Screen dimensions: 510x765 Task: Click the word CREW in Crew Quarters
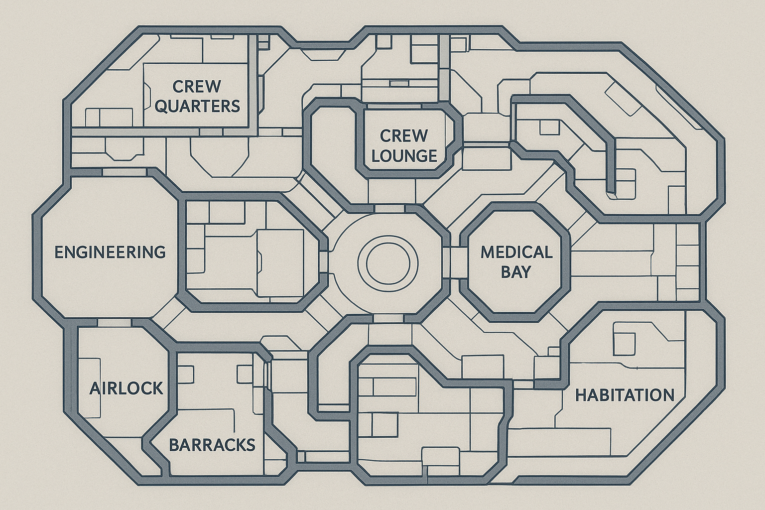[x=197, y=86]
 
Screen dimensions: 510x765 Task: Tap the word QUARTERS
[x=197, y=106]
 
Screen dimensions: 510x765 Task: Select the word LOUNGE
[x=404, y=156]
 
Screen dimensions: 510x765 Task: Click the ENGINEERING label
[x=110, y=252]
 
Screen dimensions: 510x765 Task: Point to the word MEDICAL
[x=516, y=252]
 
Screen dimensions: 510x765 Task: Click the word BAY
[x=516, y=272]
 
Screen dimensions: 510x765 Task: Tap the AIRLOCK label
[x=127, y=388]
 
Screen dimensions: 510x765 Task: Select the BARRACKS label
[x=212, y=444]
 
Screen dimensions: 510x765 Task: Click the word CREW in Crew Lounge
[x=403, y=135]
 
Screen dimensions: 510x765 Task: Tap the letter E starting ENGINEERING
[x=58, y=252]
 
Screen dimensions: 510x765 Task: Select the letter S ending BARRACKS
[x=251, y=444]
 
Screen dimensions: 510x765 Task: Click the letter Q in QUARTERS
[x=161, y=106]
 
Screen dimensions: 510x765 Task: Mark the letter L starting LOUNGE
[x=376, y=156]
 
